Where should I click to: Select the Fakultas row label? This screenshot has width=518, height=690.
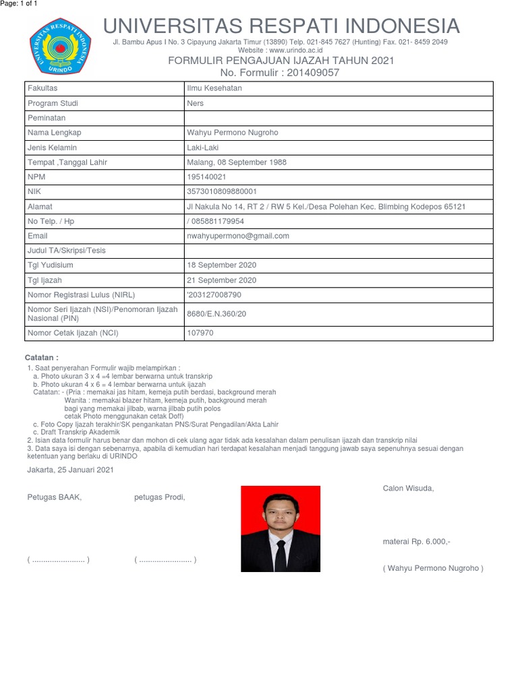(42, 88)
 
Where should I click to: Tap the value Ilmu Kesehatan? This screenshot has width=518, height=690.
(214, 88)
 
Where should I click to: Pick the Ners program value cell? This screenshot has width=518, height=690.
(196, 103)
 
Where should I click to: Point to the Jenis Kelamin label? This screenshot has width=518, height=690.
(52, 148)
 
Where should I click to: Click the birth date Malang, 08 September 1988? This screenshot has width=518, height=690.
(236, 162)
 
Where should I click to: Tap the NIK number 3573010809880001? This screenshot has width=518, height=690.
(221, 192)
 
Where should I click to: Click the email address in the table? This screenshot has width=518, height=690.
(237, 236)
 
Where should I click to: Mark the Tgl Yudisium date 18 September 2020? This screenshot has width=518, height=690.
(221, 265)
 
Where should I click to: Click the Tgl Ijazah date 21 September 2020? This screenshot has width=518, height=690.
(221, 280)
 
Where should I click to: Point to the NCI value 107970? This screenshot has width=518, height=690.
(200, 333)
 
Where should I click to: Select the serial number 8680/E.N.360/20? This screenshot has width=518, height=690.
(217, 313)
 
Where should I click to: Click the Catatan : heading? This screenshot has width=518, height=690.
(42, 356)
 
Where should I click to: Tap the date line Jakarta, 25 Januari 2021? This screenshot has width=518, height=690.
(70, 470)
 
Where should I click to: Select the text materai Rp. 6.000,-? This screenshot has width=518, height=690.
(416, 542)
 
